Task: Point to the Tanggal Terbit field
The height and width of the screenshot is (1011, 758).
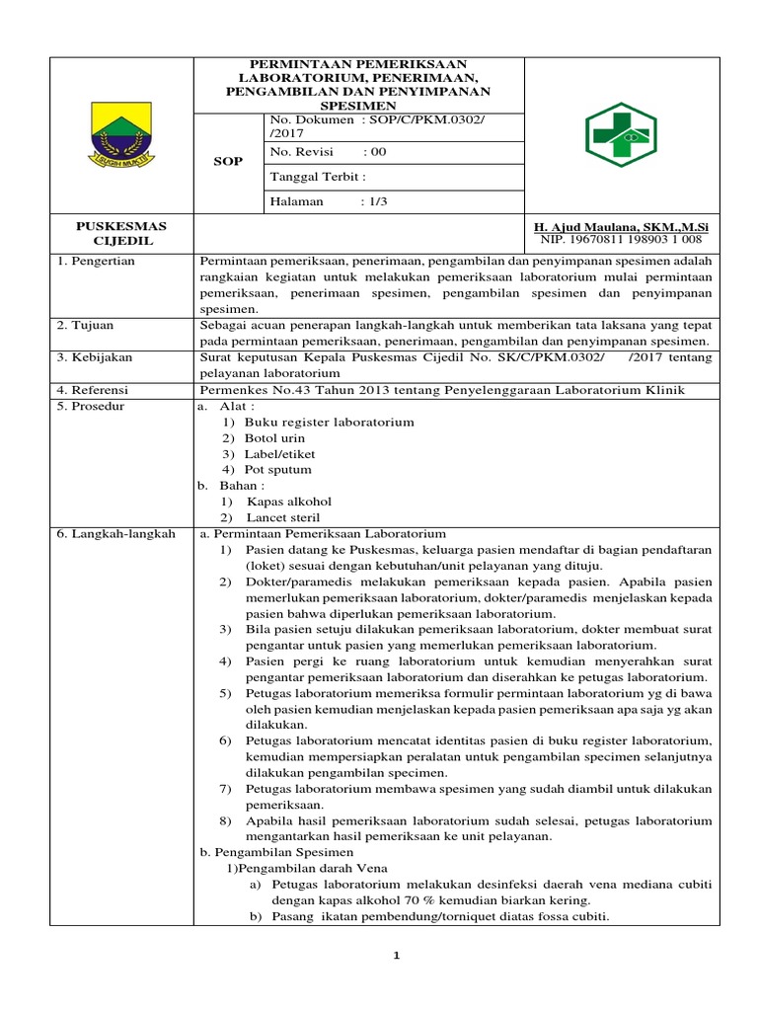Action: tap(318, 177)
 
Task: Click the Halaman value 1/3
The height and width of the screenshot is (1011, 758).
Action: tap(376, 201)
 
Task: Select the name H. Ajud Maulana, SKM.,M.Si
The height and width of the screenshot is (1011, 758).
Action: tap(619, 227)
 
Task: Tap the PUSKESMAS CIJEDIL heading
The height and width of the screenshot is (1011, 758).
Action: tap(121, 233)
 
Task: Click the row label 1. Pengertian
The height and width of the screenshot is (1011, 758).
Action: tap(96, 261)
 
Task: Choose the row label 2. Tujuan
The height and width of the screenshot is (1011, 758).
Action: tap(88, 325)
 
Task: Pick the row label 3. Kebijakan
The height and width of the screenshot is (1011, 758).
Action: tap(96, 356)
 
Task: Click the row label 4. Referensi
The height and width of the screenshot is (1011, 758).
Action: tap(96, 390)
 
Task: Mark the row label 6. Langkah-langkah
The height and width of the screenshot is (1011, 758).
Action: tap(115, 534)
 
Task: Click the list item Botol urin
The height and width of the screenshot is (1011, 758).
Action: tap(275, 437)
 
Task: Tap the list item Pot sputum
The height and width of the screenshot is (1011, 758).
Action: tap(278, 470)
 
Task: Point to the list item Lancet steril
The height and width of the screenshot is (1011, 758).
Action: tap(283, 517)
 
